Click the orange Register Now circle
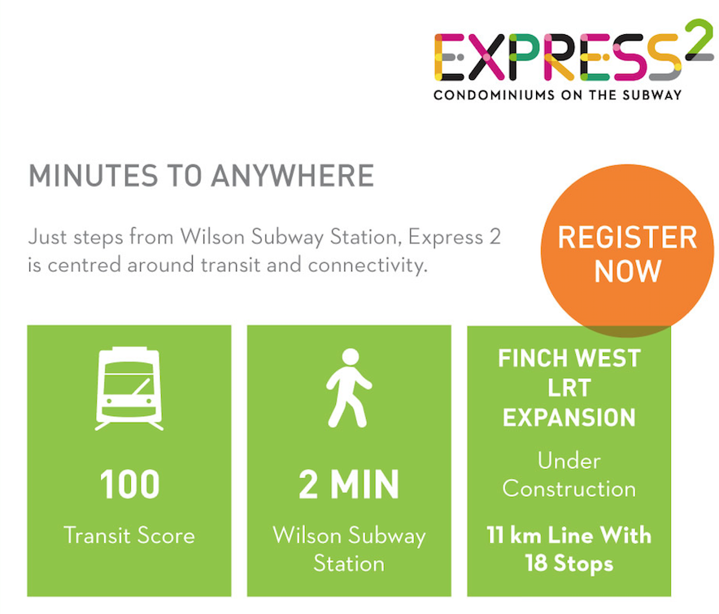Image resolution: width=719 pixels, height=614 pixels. (627, 251)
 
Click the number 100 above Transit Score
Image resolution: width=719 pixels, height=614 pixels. (130, 485)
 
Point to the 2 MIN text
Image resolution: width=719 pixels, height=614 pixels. (349, 485)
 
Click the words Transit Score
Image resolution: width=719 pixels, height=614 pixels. (129, 536)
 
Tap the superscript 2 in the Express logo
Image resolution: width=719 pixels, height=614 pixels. (699, 37)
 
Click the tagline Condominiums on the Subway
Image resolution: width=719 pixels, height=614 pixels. (558, 95)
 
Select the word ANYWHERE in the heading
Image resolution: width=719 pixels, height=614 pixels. (293, 176)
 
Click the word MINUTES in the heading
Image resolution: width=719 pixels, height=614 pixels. (93, 176)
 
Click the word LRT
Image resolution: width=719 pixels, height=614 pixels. (569, 388)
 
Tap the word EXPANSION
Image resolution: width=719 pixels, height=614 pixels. (569, 418)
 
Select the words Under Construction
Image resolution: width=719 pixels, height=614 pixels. (569, 475)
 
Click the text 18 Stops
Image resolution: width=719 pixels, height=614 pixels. (569, 564)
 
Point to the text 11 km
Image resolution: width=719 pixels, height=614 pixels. (514, 535)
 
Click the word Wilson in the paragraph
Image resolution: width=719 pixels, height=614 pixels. (212, 237)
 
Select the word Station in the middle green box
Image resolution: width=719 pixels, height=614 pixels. (349, 564)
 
